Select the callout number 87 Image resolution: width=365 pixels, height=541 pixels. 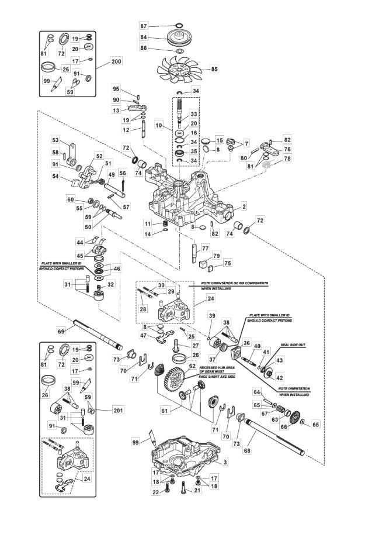click(x=143, y=26)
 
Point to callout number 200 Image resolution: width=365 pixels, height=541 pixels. click(x=116, y=61)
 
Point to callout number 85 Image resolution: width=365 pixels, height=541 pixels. click(x=214, y=69)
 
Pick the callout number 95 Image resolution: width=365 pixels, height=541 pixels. click(x=116, y=89)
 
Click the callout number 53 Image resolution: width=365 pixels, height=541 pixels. click(x=55, y=140)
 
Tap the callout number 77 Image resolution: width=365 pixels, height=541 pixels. click(x=206, y=249)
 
